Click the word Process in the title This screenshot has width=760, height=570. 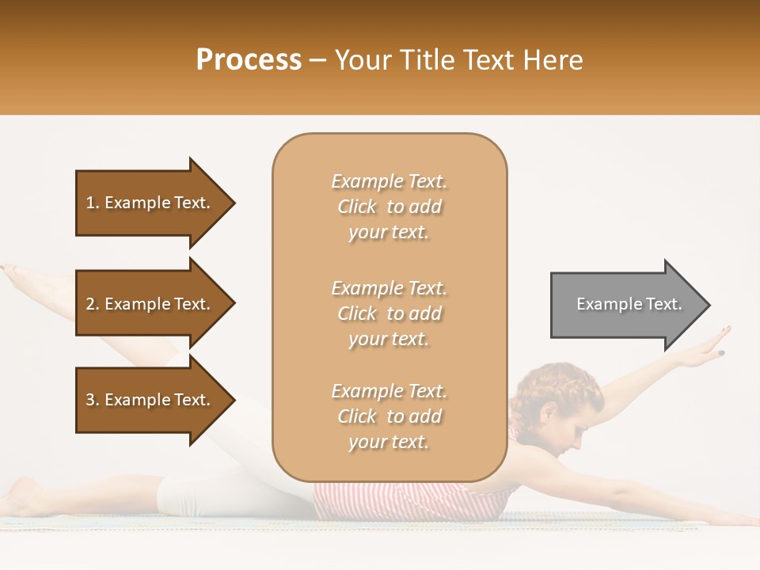tap(249, 60)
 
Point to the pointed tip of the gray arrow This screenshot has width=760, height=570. tap(707, 305)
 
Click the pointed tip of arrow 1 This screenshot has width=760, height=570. tap(233, 203)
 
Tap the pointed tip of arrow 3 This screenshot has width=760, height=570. tap(233, 400)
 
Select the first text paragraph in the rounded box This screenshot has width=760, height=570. tap(389, 207)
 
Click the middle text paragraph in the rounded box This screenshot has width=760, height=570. tap(389, 313)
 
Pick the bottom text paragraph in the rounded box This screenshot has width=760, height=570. tap(389, 416)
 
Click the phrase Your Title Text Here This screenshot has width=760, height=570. tap(458, 60)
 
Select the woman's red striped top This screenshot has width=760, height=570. tap(412, 499)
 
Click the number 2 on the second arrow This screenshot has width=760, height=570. tap(90, 304)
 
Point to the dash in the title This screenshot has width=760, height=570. tap(317, 60)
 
